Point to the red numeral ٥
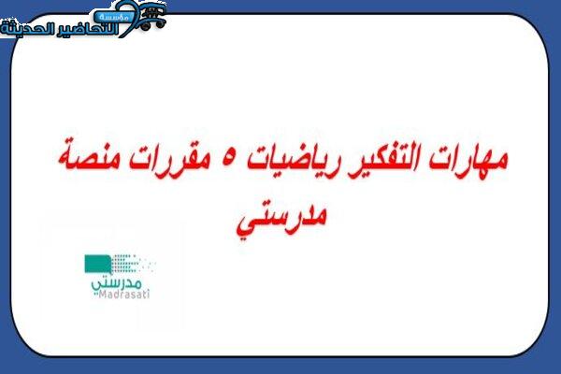click(x=227, y=160)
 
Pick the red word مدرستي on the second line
click(x=281, y=218)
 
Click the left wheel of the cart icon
click(x=145, y=26)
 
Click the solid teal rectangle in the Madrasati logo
click(x=97, y=264)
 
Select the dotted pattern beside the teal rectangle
click(x=133, y=264)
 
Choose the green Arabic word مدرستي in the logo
click(x=117, y=284)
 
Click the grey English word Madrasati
click(x=123, y=295)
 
